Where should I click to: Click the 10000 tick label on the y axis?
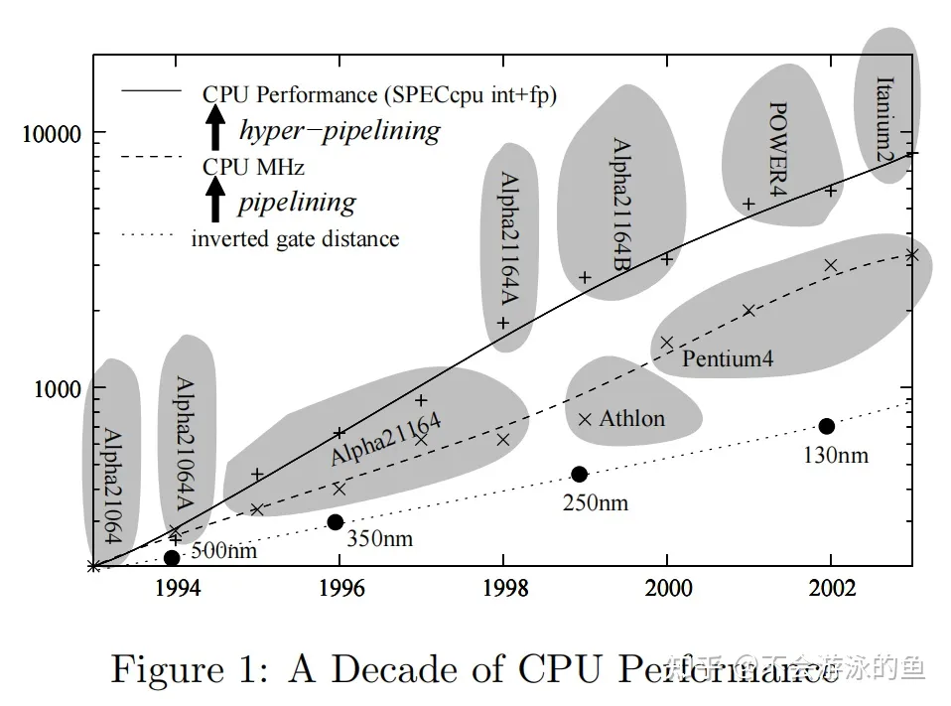click(51, 133)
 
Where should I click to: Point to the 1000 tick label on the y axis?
click(57, 388)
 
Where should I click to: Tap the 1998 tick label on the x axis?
click(503, 588)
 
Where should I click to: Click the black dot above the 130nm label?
click(826, 426)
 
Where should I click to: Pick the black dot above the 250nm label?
click(580, 474)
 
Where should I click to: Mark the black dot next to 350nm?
click(336, 522)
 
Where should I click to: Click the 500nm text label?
click(223, 550)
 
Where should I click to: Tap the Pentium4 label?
click(728, 358)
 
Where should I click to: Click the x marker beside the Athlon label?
click(585, 419)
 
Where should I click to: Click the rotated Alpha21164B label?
click(620, 204)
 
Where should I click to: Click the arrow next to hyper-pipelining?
click(214, 129)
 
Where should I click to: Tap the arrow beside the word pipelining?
click(214, 201)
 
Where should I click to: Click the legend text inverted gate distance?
click(295, 239)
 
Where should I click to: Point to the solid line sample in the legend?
click(151, 89)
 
